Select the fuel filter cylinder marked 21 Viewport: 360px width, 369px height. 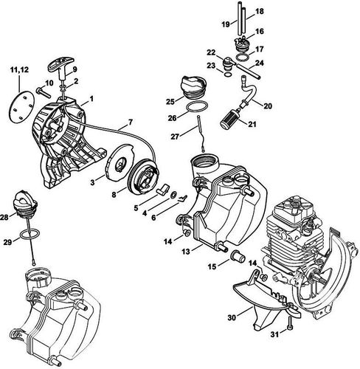[229, 118]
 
